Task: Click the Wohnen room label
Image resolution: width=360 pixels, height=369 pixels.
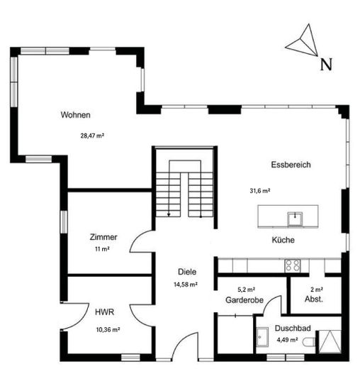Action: point(76,115)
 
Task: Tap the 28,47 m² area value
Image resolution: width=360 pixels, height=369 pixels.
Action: point(92,136)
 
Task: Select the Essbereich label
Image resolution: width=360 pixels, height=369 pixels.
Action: point(291,165)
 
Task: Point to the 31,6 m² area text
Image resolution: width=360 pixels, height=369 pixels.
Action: point(260,191)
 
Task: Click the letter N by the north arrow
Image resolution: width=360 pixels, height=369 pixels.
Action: point(326,65)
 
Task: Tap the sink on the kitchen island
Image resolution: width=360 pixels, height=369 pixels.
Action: point(295,219)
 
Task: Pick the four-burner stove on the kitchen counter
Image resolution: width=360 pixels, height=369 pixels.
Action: point(293,265)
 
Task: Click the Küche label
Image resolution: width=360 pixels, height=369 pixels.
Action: point(283,240)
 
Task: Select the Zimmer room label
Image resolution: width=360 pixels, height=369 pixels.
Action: point(103,237)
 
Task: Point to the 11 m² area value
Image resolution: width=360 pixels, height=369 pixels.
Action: point(102,249)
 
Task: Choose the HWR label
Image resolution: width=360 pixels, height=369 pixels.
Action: point(105,312)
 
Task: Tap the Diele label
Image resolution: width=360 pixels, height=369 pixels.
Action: point(187,272)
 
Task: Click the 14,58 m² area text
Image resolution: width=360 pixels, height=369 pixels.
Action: point(186,285)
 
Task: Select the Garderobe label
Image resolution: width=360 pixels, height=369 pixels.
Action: point(244,300)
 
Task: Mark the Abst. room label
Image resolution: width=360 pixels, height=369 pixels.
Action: point(314,299)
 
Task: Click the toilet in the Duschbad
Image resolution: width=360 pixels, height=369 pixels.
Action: point(310,342)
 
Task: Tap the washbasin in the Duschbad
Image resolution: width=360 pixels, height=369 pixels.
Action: point(262,337)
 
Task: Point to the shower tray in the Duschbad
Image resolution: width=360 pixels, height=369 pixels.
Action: point(330,341)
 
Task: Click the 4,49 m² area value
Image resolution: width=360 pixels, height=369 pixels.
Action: point(287,340)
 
